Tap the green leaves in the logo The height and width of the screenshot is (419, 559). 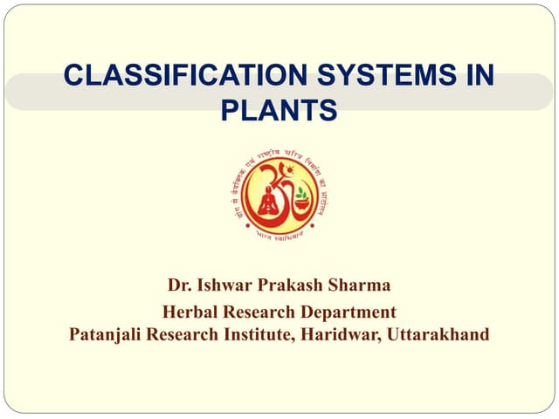(301, 193)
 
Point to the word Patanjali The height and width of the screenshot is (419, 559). (107, 334)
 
